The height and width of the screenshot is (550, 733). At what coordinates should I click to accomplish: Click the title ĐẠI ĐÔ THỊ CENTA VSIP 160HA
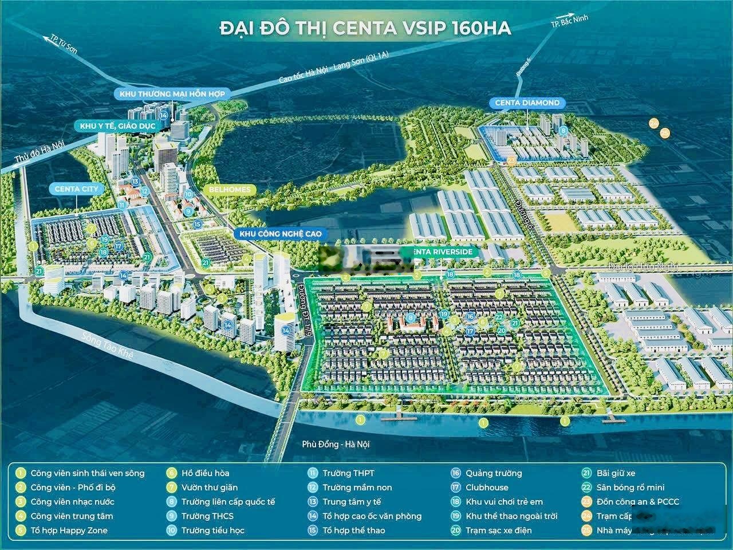pos(365,28)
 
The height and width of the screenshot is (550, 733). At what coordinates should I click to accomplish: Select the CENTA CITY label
pos(77,188)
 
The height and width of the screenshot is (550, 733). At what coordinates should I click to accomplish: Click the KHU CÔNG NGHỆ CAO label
pos(281,234)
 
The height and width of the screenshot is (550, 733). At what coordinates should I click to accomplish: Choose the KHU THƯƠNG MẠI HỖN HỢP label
pos(172,93)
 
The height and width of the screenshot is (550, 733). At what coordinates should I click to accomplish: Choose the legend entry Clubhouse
pos(486,488)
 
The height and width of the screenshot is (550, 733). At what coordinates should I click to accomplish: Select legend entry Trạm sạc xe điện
pos(498,531)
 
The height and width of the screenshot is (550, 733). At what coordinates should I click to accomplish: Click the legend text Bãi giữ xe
pos(616,473)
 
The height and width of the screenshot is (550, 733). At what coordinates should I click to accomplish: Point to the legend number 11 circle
pos(313,473)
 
